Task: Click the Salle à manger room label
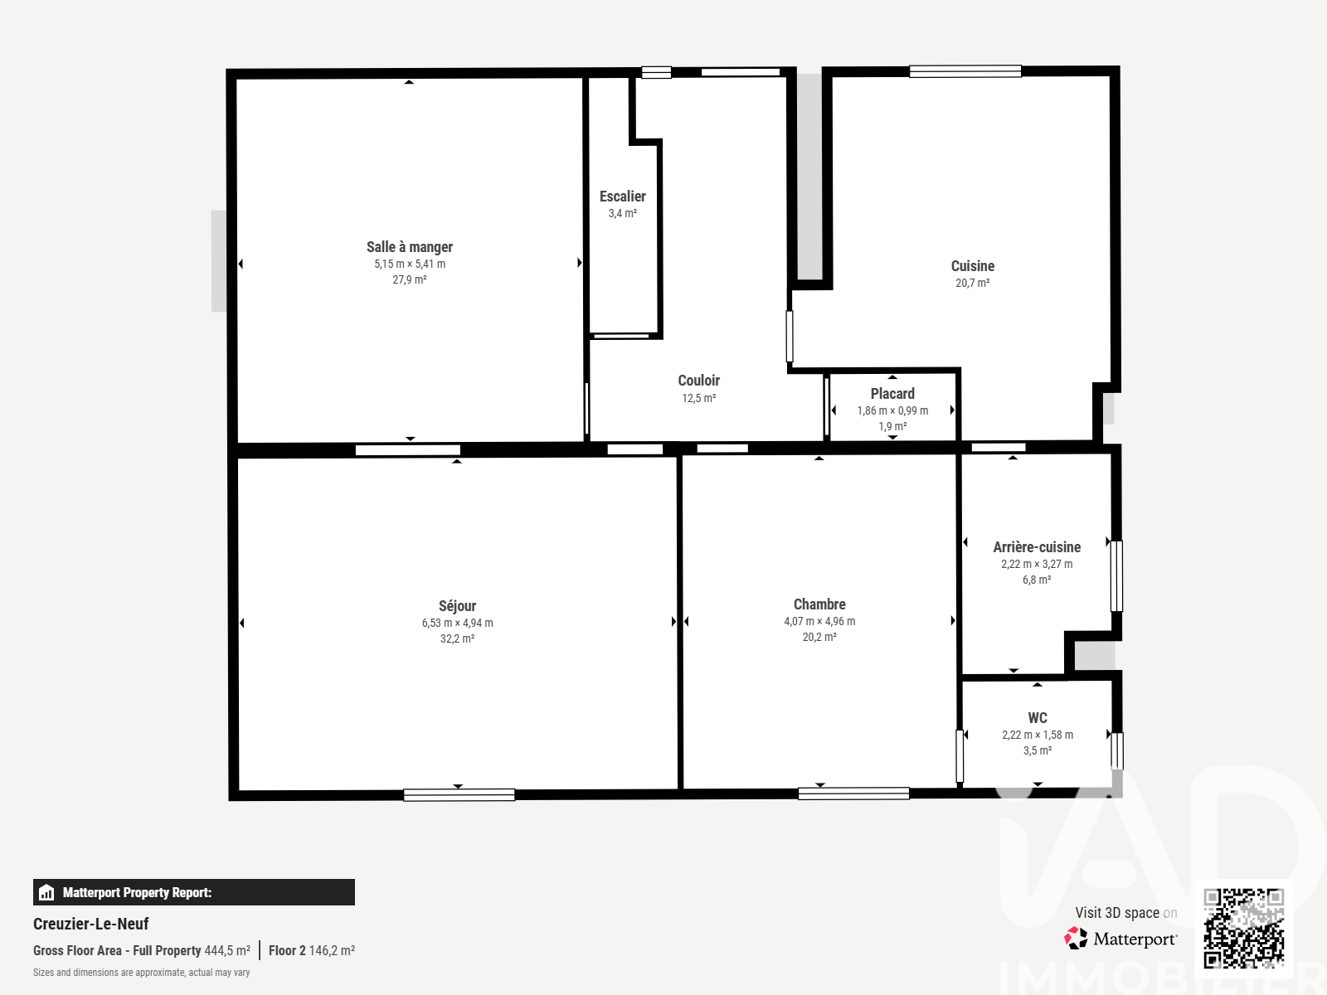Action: tap(409, 247)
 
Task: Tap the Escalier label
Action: tap(622, 197)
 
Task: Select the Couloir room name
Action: tap(699, 381)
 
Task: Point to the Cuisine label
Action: tap(972, 266)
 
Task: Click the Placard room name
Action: tap(892, 394)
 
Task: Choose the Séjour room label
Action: tap(457, 606)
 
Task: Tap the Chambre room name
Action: tap(819, 604)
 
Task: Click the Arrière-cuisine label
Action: tap(1037, 547)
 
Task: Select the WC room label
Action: tap(1038, 718)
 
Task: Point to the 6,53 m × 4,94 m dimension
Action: tap(457, 623)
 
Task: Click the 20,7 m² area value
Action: tap(972, 283)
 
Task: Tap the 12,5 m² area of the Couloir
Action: tap(699, 398)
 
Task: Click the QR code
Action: tap(1243, 928)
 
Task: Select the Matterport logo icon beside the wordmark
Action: tap(1076, 939)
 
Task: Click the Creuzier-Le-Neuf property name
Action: tap(90, 924)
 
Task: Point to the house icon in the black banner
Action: tap(46, 892)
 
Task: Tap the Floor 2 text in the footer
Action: tap(287, 950)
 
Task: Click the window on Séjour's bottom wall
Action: tap(459, 795)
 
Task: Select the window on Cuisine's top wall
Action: tap(965, 71)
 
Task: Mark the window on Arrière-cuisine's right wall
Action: tap(1116, 575)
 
